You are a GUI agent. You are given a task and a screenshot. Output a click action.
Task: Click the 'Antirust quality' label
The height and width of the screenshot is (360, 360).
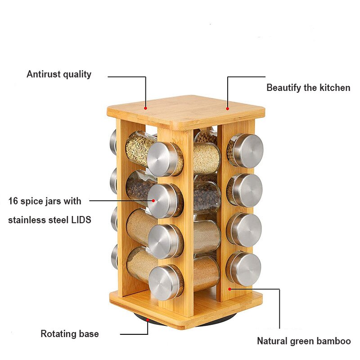pos(58,74)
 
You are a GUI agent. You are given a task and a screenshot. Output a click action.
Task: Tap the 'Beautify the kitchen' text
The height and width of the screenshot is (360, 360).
pos(308,88)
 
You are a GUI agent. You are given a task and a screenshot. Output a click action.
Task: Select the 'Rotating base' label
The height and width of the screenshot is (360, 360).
pos(69,334)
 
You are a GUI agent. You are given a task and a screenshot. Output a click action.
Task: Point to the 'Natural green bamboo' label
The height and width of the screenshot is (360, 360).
pos(303,341)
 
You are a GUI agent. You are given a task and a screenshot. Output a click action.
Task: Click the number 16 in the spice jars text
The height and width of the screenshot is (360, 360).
pos(13,201)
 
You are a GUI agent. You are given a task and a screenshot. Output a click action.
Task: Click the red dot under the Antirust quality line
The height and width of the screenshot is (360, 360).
pos(146,108)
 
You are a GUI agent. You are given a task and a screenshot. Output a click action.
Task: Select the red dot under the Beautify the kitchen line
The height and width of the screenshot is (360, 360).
pos(227,108)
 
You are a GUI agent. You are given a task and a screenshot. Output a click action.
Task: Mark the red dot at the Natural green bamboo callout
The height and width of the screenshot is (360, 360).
pos(229,288)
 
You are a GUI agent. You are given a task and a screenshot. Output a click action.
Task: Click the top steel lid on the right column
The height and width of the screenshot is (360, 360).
pos(246,150)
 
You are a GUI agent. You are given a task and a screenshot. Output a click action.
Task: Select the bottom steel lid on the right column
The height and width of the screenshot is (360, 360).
pos(245,269)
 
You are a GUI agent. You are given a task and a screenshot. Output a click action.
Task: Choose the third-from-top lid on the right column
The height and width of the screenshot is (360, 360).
pos(246,229)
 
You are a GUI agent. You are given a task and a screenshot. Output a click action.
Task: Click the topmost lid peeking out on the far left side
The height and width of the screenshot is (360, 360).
pos(113,141)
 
